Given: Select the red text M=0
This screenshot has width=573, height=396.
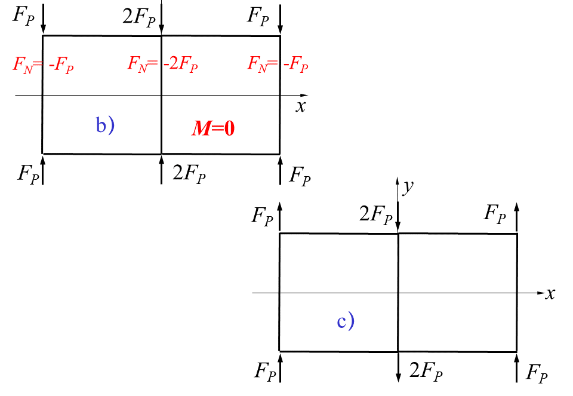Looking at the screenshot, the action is point(212,128).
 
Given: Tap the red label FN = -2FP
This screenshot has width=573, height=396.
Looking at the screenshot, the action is point(162,64).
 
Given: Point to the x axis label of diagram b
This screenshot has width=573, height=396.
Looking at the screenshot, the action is point(301,107).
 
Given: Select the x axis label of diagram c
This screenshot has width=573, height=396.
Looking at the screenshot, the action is point(550,293).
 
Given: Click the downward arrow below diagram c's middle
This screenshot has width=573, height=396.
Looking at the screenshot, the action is point(398,367).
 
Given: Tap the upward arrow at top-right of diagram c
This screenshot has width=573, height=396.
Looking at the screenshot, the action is point(517,218).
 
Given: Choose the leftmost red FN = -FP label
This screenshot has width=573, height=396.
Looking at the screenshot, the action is point(43,65).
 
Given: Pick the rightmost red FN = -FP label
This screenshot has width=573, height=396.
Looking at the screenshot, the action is point(278,64).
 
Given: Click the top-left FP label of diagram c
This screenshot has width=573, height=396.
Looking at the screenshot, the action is point(262,216).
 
